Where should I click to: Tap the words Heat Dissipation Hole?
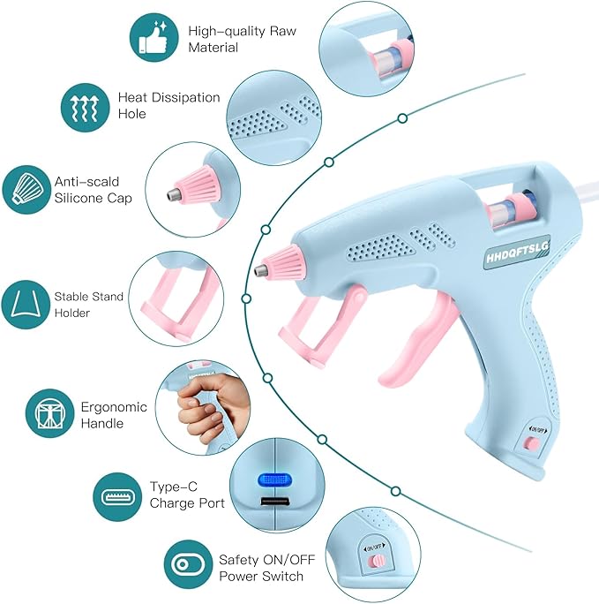pyautogui.click(x=168, y=106)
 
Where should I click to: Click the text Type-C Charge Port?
pyautogui.click(x=186, y=495)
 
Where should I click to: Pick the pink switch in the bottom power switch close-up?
pyautogui.click(x=377, y=561)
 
